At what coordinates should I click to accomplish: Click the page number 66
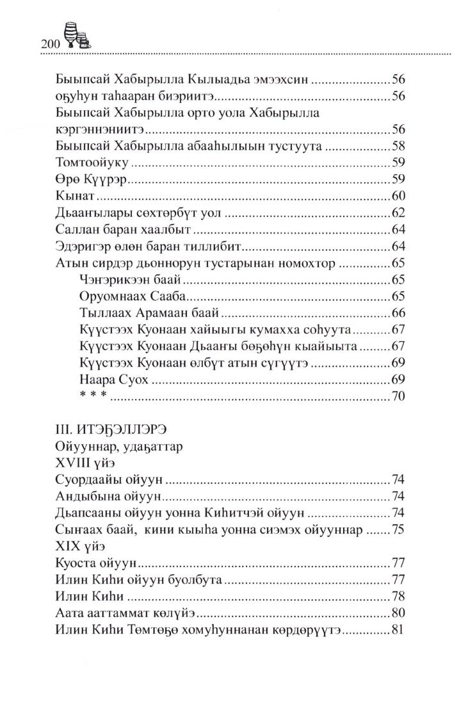(x=399, y=313)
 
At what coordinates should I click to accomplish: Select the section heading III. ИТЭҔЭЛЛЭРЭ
(x=107, y=430)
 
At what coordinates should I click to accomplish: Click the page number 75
(x=399, y=531)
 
